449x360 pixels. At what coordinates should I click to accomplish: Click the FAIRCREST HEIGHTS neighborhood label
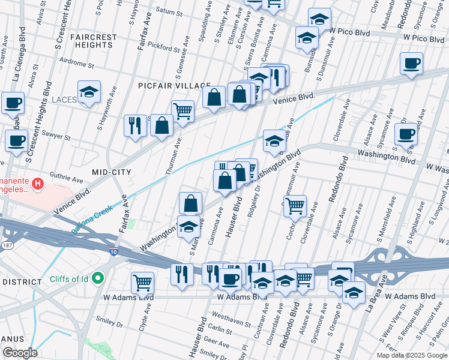(93, 41)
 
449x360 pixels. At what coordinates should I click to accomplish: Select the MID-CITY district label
(111, 172)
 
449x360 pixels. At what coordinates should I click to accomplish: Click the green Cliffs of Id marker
(95, 278)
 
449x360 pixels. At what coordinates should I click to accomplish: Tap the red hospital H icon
(38, 183)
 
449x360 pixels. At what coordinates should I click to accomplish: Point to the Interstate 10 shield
(113, 253)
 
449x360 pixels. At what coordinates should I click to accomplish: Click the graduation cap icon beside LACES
(89, 92)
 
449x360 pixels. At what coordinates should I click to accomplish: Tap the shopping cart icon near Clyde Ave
(142, 282)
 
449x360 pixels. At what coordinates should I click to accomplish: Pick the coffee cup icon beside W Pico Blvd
(411, 64)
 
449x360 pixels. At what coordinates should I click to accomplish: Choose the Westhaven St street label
(231, 320)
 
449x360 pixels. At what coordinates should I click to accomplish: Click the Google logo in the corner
(19, 353)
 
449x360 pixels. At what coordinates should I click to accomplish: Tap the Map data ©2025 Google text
(412, 355)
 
